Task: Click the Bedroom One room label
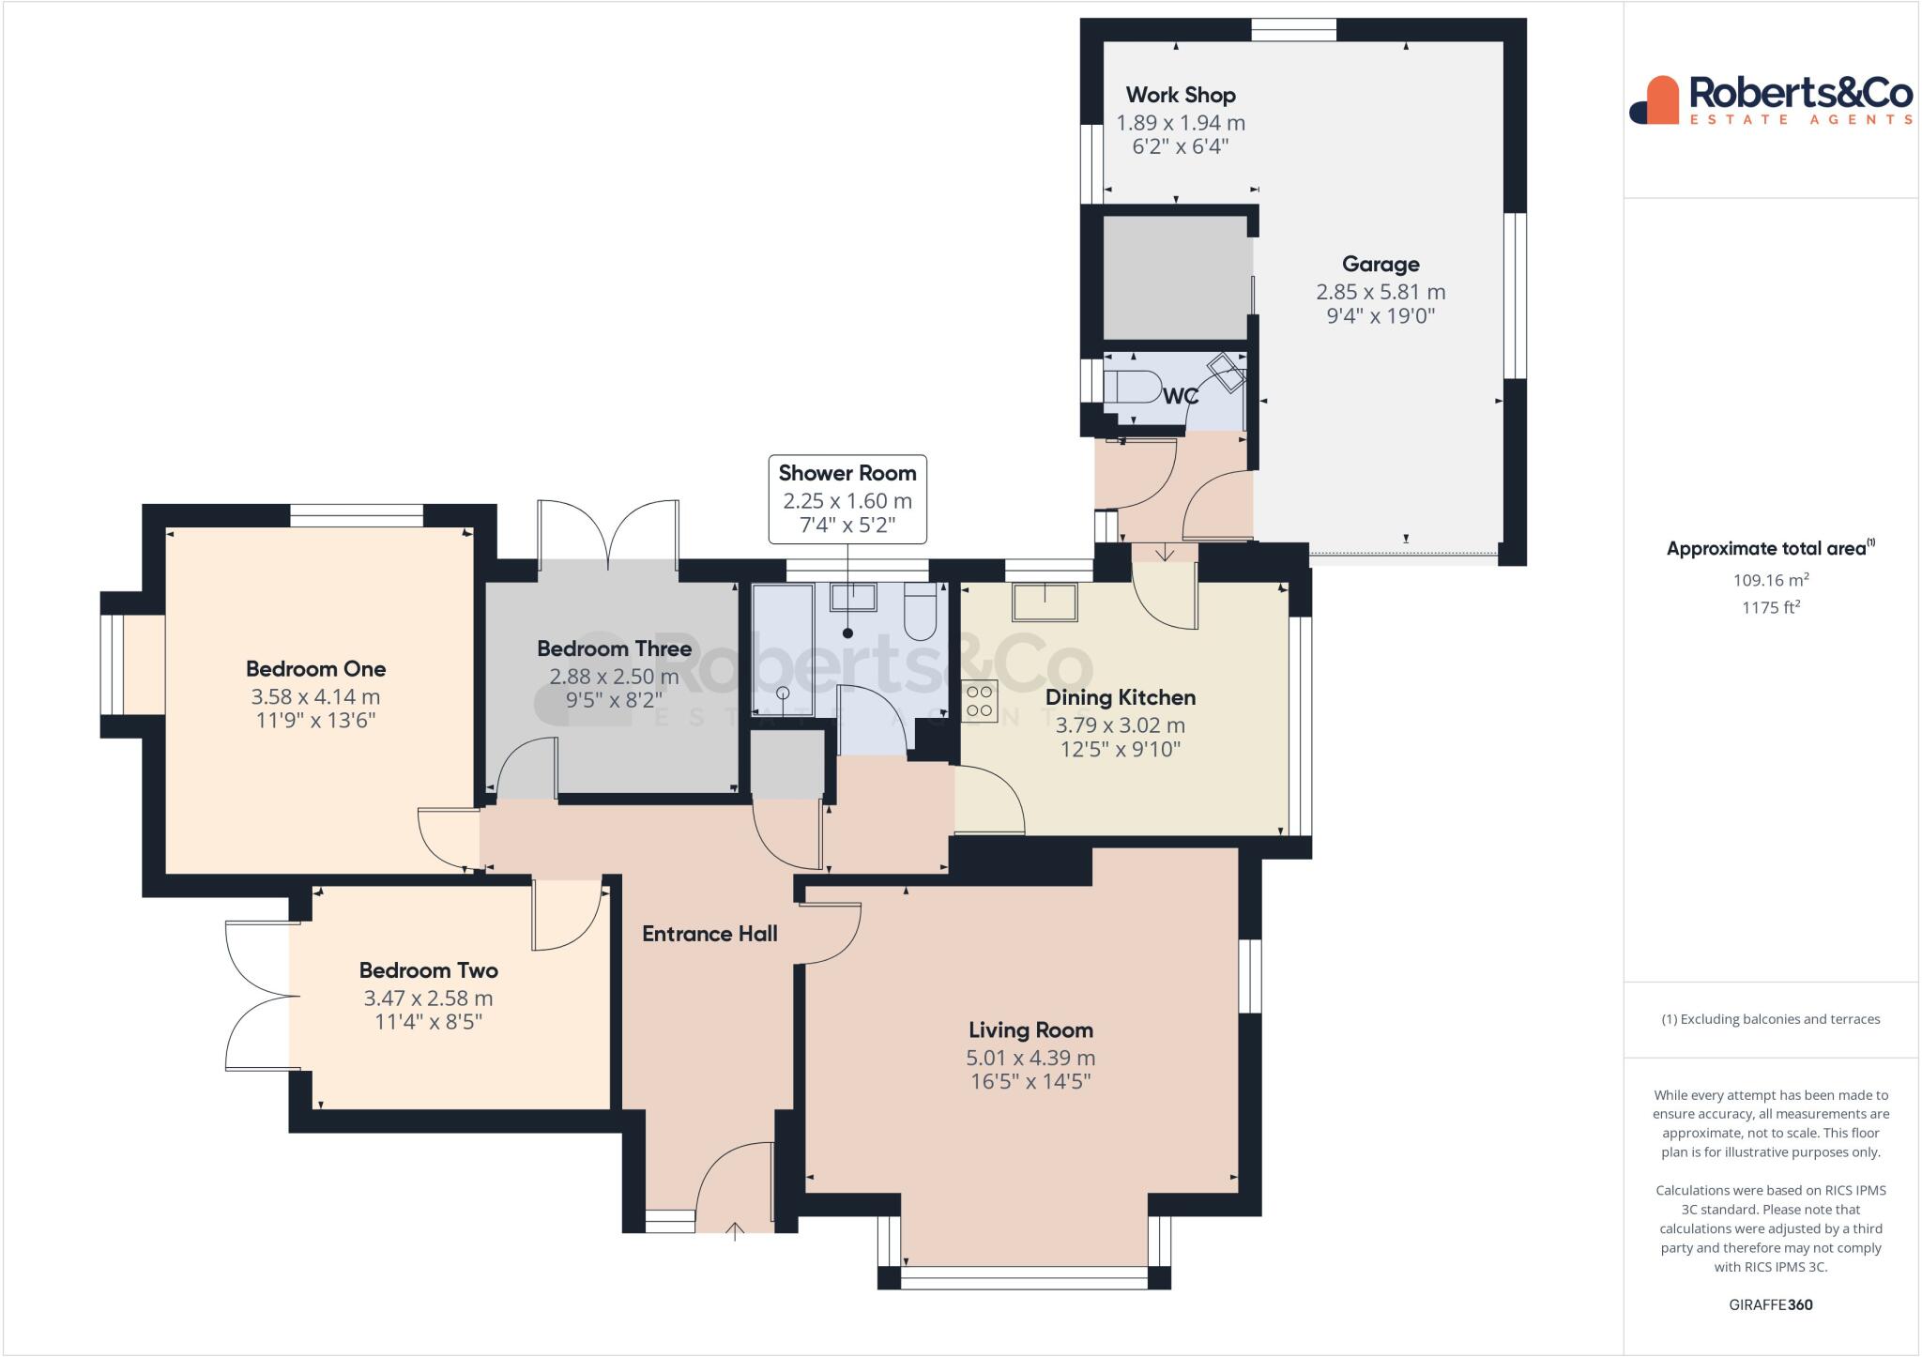point(315,669)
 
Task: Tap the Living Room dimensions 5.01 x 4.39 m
point(1030,1058)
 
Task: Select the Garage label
point(1380,265)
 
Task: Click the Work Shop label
point(1181,95)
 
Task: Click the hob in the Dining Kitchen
point(979,701)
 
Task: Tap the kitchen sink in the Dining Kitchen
point(1045,602)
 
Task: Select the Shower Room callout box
point(847,499)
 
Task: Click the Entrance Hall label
point(709,934)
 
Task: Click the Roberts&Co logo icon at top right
point(1654,99)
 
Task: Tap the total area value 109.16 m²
point(1771,580)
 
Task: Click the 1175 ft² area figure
point(1771,607)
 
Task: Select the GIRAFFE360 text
point(1771,1304)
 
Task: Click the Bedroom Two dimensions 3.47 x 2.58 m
point(428,999)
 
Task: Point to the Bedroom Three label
point(614,648)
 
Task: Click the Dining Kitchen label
point(1121,697)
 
